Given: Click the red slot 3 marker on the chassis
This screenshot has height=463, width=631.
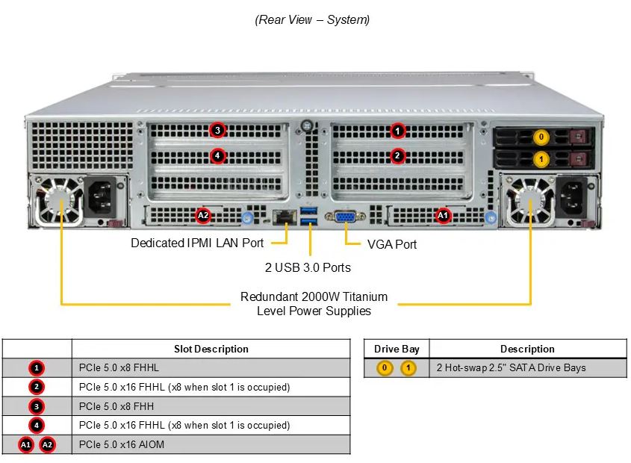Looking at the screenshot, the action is click(x=217, y=130).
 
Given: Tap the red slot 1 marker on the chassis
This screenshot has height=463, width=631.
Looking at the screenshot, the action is click(x=397, y=131).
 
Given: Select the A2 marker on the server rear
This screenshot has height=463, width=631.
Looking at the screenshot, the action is click(x=203, y=215).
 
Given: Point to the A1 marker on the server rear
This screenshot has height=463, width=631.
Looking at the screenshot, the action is click(x=443, y=215).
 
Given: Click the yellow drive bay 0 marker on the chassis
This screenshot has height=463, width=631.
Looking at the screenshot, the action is click(x=541, y=137).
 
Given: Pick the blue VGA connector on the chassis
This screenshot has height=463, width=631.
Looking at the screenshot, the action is click(x=345, y=217).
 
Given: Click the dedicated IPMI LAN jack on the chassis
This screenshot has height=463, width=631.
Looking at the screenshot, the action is click(x=284, y=217).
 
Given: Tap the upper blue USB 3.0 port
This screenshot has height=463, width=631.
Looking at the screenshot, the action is click(x=308, y=211).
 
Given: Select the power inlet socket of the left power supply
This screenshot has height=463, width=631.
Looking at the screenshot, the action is click(x=99, y=197).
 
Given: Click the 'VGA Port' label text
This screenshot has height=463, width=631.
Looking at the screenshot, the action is click(x=392, y=244).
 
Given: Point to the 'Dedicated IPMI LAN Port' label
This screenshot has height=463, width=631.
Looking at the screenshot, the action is click(x=197, y=243).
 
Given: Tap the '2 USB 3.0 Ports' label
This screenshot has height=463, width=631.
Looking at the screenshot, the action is click(x=308, y=268).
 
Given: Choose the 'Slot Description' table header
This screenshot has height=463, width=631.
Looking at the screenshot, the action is click(x=211, y=349).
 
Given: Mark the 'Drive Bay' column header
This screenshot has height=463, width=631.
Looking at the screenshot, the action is click(x=397, y=349).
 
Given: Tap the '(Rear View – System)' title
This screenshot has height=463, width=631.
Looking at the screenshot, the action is click(x=312, y=19).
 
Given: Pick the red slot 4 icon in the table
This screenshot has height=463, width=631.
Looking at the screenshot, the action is click(x=37, y=425).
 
